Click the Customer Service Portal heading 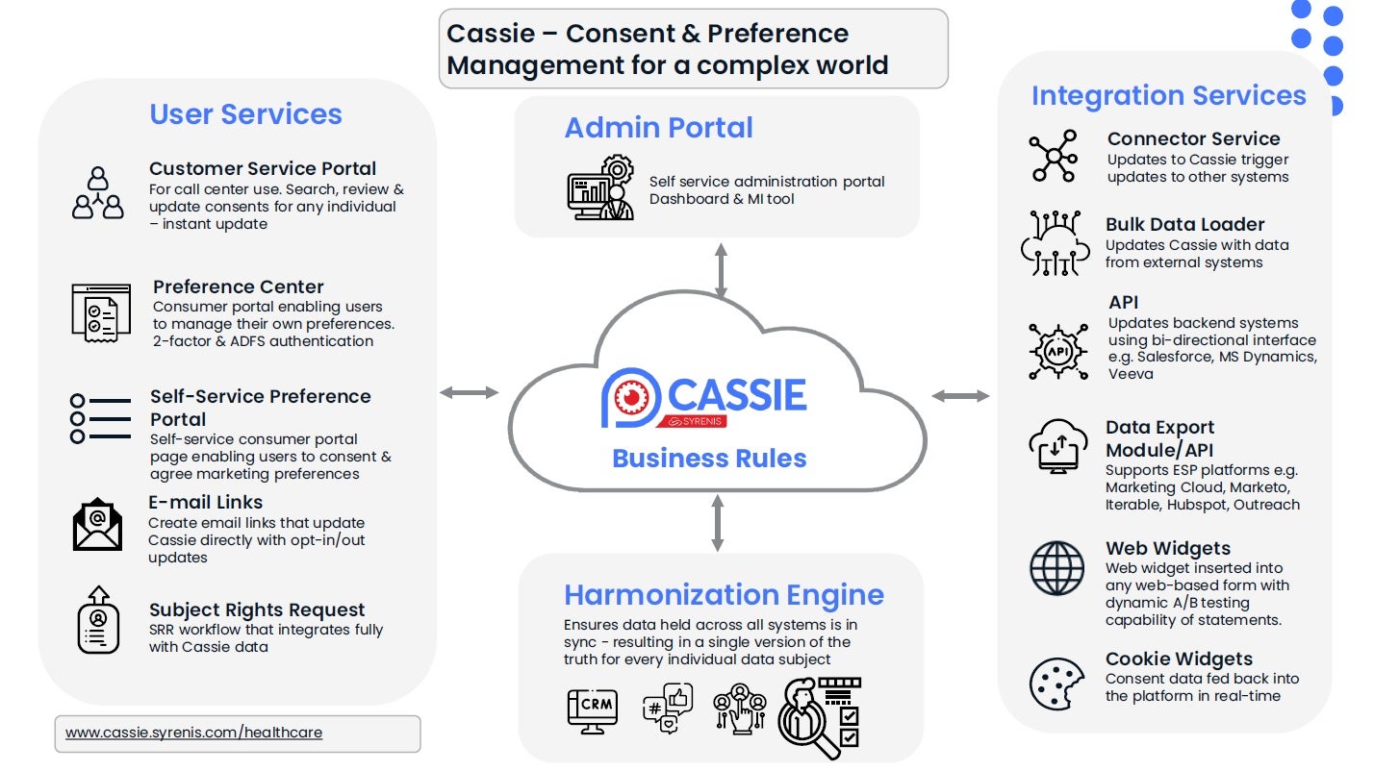(263, 168)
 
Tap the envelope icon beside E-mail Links (98, 525)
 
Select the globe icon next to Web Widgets (1056, 568)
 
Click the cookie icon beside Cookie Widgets (1056, 684)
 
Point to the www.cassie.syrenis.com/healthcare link (193, 733)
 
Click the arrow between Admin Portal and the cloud (720, 270)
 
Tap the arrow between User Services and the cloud (470, 392)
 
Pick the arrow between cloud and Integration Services (960, 395)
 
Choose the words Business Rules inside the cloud (709, 458)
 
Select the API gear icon (1058, 350)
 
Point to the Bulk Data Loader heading (1184, 224)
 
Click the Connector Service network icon (1054, 157)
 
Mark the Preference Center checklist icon (101, 312)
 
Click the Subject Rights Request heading (257, 609)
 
